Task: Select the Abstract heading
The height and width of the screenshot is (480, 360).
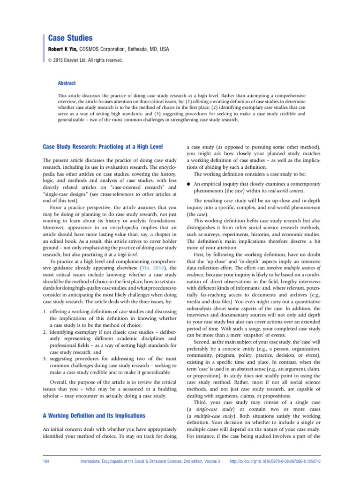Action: tap(67, 83)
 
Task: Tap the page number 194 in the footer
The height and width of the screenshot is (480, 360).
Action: tap(47, 462)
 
